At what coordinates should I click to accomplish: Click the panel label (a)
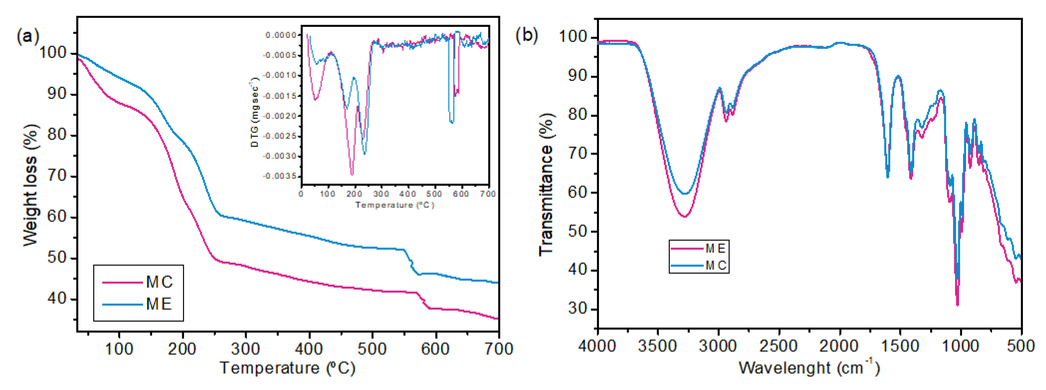point(28,37)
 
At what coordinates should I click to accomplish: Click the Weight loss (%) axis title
point(30,185)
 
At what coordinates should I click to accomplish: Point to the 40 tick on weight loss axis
point(57,299)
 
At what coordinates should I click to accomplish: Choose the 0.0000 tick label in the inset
point(281,35)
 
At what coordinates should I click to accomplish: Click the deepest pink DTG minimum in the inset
point(352,174)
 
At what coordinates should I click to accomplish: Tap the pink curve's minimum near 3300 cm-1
point(685,216)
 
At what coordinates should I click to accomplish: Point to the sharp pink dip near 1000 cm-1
point(958,304)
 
